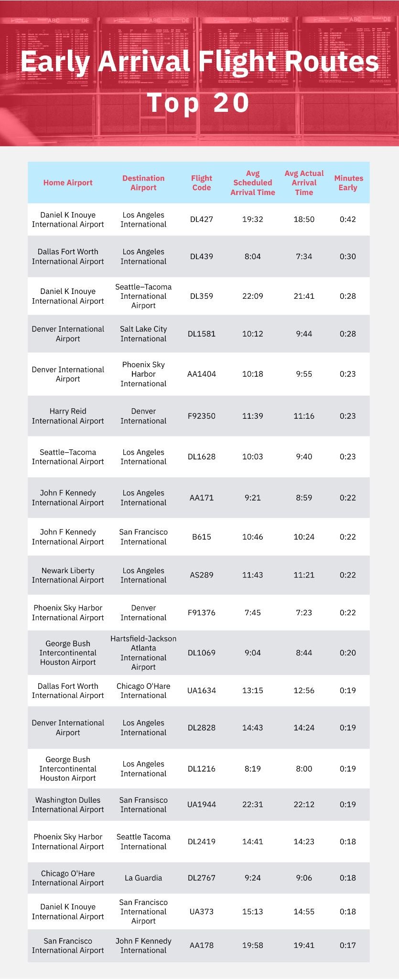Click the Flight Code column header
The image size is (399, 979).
[x=201, y=183]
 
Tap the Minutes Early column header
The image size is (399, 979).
[x=348, y=183]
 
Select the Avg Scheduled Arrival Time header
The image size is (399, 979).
[x=252, y=183]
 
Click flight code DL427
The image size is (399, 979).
[x=201, y=219]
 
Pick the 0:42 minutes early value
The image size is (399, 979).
[x=347, y=219]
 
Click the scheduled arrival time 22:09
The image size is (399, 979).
[x=252, y=296]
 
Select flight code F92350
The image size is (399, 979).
[x=201, y=416]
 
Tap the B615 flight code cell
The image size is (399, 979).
[x=201, y=537]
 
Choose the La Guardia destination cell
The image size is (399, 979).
[x=143, y=878]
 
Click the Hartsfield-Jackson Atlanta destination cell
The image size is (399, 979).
[x=143, y=653]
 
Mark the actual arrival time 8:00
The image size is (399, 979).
[x=303, y=769]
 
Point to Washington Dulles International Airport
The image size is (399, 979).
[x=68, y=805]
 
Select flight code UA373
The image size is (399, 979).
[x=201, y=912]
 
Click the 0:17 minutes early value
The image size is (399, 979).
[x=347, y=945]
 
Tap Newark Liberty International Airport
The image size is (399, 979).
[x=68, y=575]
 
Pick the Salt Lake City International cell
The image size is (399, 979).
[x=143, y=334]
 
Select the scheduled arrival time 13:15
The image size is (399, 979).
[x=252, y=690]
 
